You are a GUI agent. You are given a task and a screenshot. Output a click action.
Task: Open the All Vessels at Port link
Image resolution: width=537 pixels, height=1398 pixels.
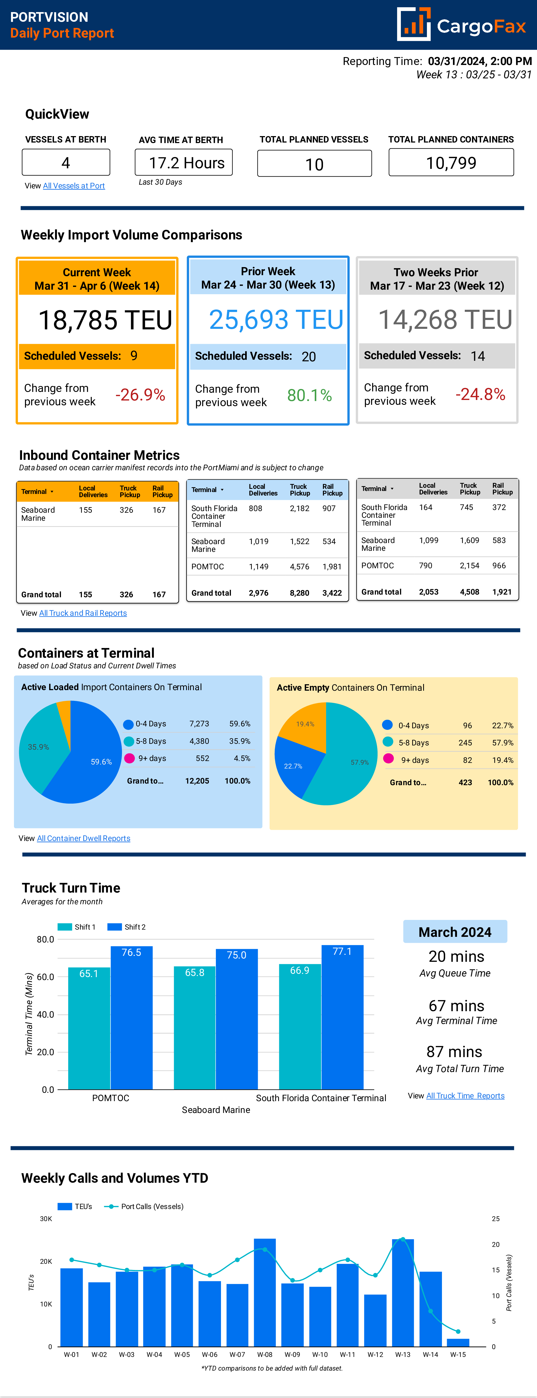(x=74, y=185)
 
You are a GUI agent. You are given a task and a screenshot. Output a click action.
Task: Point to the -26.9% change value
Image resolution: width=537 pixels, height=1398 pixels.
(x=140, y=395)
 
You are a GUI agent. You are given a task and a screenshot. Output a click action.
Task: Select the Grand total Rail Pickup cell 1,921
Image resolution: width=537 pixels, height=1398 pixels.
(x=502, y=592)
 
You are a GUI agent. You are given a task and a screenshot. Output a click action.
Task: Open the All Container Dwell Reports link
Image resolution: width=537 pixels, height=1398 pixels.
(x=84, y=838)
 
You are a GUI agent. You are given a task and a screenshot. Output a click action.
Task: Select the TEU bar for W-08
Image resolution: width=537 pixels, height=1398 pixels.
(x=265, y=1292)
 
